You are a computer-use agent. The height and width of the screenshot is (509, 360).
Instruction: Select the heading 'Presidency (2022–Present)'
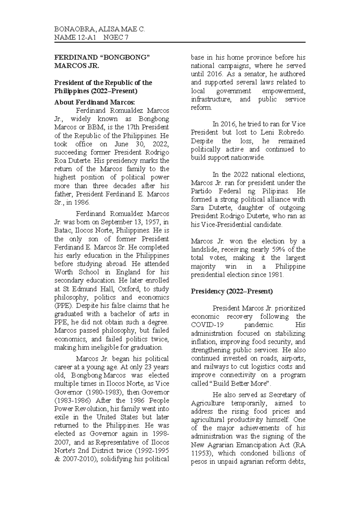tap(232, 291)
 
